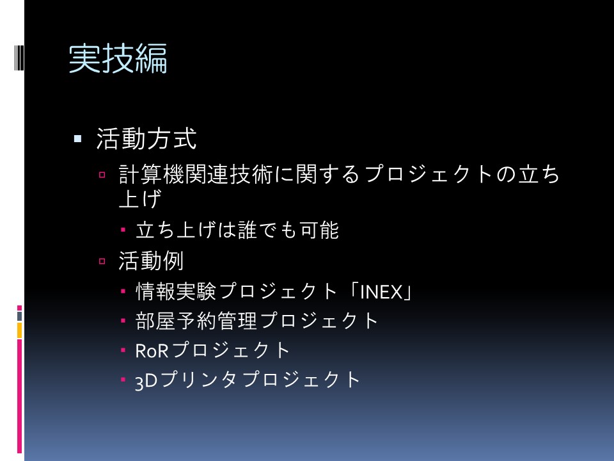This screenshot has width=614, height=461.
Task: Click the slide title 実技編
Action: point(118,59)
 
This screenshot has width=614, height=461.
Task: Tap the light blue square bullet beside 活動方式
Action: point(77,138)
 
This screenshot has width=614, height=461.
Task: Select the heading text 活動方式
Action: point(146,139)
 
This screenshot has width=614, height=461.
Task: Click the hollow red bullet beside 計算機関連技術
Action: point(102,175)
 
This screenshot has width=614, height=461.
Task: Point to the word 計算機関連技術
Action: point(196,174)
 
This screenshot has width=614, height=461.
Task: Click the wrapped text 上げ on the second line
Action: point(140,198)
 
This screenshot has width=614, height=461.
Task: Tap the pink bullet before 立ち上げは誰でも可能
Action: point(123,230)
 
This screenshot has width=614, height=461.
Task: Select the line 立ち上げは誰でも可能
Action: point(237,230)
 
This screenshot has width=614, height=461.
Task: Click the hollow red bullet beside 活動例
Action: point(102,261)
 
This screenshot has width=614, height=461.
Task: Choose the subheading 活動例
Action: point(151,261)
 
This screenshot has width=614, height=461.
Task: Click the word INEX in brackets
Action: point(381,292)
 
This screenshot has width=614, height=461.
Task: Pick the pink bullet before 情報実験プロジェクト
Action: point(123,291)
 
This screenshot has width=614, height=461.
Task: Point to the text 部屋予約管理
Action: point(196,321)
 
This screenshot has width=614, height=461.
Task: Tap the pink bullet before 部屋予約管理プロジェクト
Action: point(123,321)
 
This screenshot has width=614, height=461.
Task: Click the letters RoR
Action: point(152,351)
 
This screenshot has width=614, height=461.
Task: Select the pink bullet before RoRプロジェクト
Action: point(123,350)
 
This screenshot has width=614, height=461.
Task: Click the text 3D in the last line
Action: point(146,381)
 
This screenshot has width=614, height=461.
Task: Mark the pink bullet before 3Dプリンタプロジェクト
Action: point(123,380)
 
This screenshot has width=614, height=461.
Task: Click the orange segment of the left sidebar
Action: point(19,330)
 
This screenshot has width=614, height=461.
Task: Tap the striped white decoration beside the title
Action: point(19,58)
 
